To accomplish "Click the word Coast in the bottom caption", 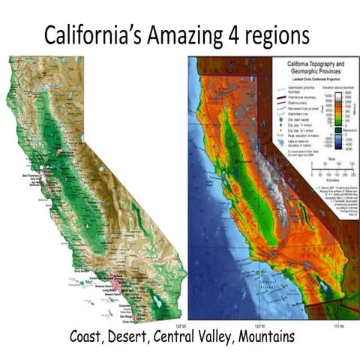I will pyautogui.click(x=85, y=339).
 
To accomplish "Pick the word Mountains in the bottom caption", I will pyautogui.click(x=263, y=339).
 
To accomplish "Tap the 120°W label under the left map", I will pyautogui.click(x=178, y=325).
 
